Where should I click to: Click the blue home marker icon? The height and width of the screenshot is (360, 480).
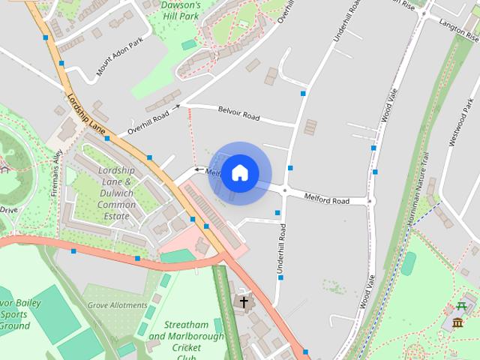click(240, 172)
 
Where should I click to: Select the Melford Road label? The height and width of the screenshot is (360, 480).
click(326, 200)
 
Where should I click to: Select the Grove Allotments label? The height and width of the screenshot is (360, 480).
click(117, 305)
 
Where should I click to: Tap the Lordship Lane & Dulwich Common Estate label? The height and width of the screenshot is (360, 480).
click(117, 193)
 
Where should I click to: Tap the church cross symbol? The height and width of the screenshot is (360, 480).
click(242, 302)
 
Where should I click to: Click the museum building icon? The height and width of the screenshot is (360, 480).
click(457, 322)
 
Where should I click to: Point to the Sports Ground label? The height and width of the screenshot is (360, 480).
click(15, 315)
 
